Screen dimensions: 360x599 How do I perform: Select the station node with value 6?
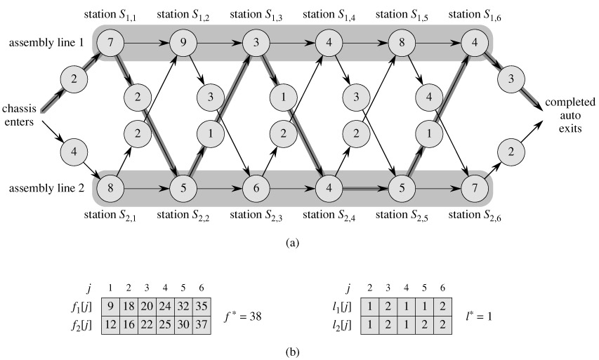[x=256, y=188]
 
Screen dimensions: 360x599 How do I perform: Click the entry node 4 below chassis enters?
[x=75, y=151]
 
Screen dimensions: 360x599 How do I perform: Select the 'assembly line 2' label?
[x=46, y=188]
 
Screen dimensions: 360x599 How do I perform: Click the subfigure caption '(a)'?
[x=293, y=243]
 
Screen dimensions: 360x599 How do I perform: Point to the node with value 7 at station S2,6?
[x=475, y=188]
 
